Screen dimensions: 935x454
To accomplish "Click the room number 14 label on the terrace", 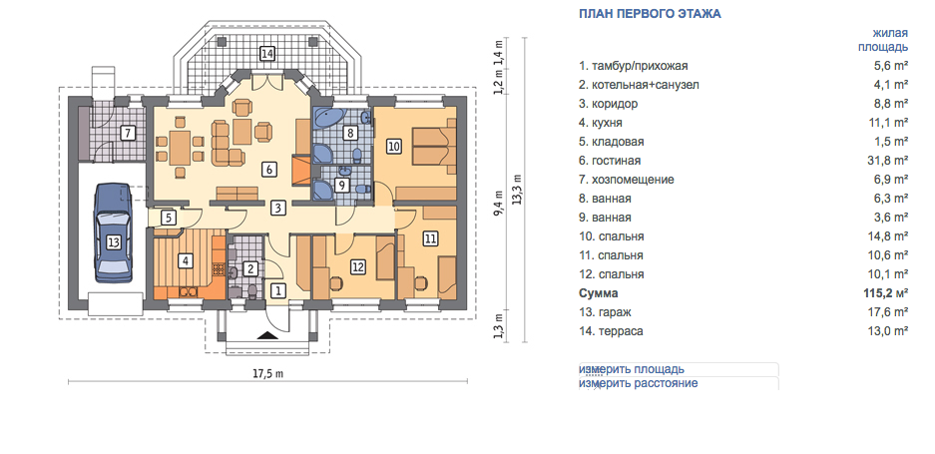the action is [x=267, y=54].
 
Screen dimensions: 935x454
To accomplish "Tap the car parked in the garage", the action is [x=114, y=233].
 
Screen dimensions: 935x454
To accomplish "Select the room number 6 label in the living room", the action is [x=269, y=170].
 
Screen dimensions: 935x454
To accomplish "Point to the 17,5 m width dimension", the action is [x=267, y=374].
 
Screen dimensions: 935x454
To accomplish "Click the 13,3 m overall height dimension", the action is [x=517, y=190].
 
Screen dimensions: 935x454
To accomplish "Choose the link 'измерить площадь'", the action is [x=632, y=369].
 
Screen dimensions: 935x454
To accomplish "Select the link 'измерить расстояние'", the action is [x=638, y=383].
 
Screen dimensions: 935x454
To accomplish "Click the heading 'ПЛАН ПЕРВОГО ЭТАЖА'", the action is [x=650, y=14].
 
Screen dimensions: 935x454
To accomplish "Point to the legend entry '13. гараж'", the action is [x=605, y=312].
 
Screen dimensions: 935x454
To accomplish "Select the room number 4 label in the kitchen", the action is [x=186, y=260].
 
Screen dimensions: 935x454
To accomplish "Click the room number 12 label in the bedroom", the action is [x=358, y=267].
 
